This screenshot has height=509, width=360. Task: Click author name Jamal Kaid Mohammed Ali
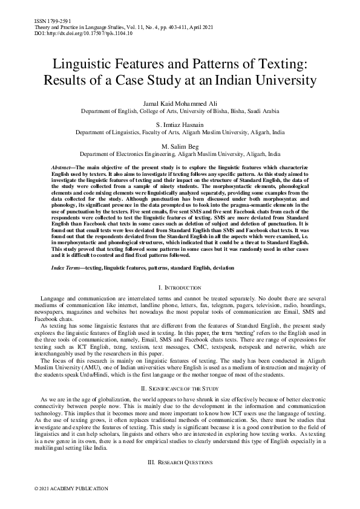coord(180,105)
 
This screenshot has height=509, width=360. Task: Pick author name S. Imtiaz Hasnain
coord(180,125)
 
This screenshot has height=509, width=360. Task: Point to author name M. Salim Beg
coord(180,146)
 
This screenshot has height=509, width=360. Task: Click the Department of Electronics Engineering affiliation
coord(180,154)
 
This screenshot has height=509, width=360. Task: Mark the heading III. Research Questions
coord(180,462)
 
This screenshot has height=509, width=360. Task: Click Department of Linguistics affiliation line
coord(180,133)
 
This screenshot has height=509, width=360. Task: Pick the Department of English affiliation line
coord(180,112)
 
